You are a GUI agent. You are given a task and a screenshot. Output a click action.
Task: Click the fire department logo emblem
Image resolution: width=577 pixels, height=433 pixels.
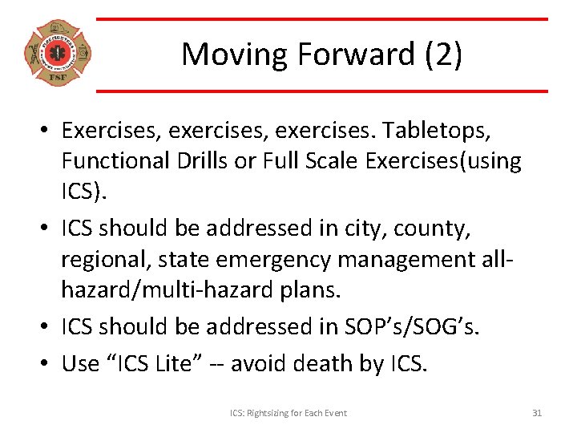(57, 54)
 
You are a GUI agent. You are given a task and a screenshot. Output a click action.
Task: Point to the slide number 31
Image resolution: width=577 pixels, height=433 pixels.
(537, 412)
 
